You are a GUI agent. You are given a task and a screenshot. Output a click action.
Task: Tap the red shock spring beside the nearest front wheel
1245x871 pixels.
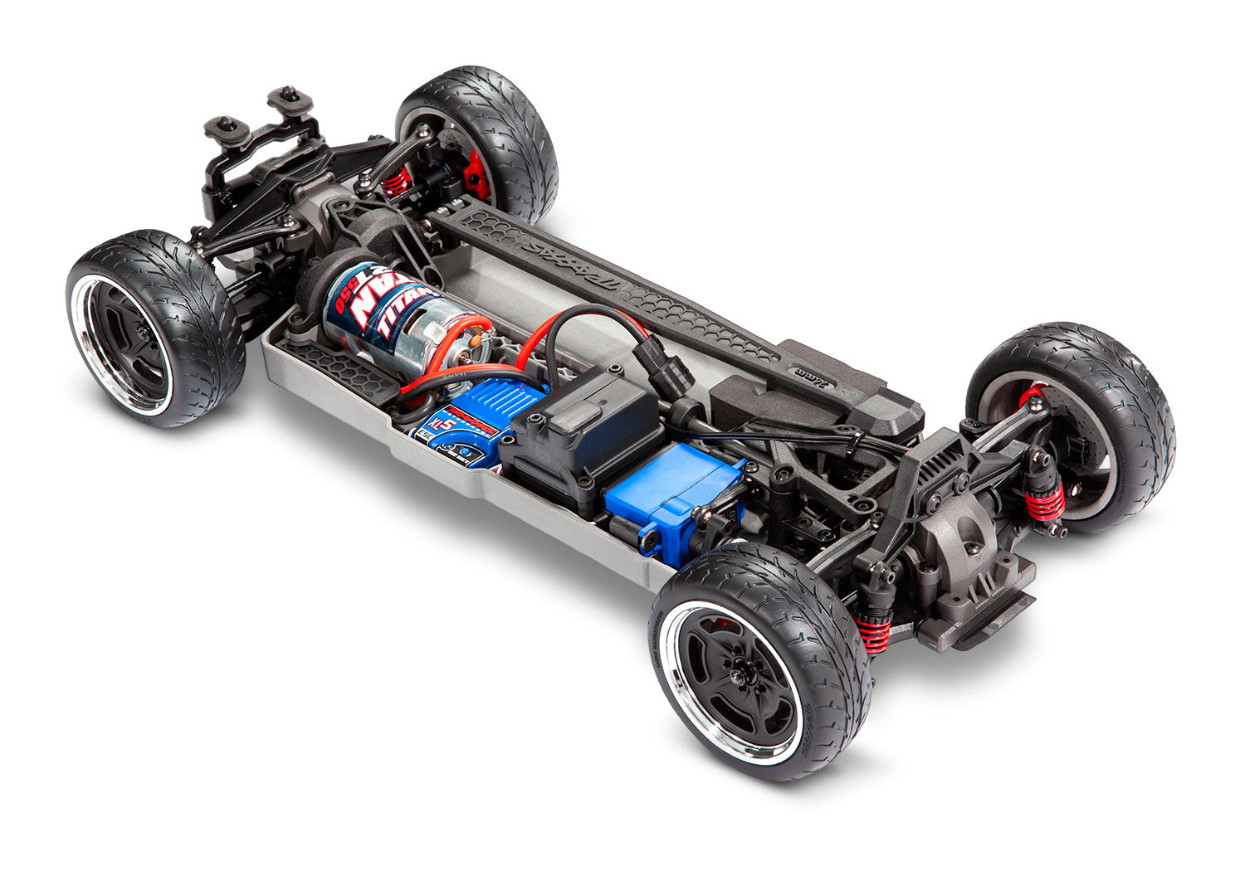(x=873, y=633)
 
